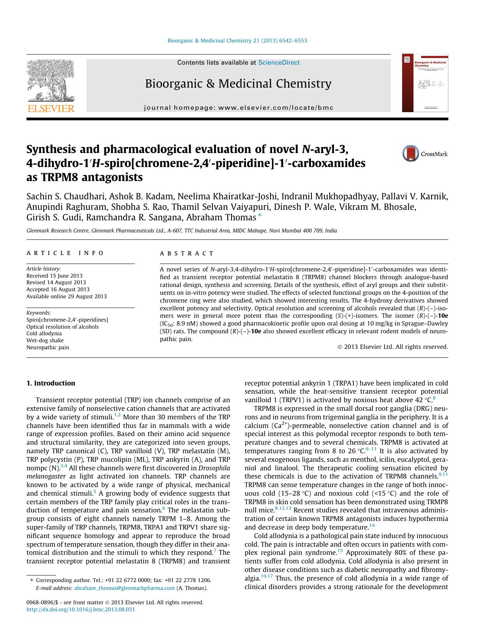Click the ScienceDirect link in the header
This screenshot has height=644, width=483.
click(279, 63)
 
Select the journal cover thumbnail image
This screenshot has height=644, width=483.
click(425, 83)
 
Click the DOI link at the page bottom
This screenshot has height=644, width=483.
click(81, 609)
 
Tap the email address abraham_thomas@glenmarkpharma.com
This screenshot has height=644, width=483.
click(124, 588)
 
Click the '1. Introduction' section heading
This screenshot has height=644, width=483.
click(51, 383)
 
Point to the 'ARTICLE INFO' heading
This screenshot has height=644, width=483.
click(65, 253)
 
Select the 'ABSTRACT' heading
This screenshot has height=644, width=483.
click(187, 253)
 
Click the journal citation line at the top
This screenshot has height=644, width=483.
click(237, 40)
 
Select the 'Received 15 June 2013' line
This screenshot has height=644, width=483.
click(54, 276)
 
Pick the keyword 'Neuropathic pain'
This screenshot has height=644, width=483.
click(47, 347)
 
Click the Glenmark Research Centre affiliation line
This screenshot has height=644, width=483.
click(181, 231)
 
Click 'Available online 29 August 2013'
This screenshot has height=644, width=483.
click(66, 296)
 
